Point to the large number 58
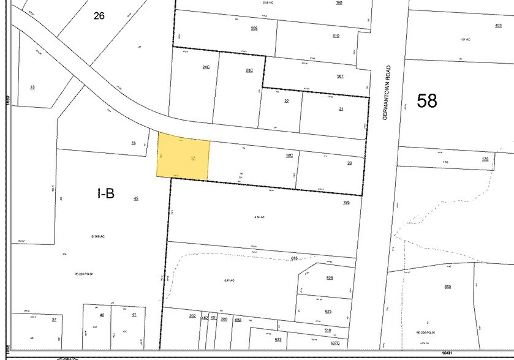coord(427,100)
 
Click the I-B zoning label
coord(105,193)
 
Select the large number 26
coord(99,15)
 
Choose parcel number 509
coord(254,28)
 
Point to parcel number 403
coord(498,25)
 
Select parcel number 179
coord(485,159)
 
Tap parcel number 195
coord(346,202)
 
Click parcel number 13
coord(32,87)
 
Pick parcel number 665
coord(448,287)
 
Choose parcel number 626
coord(330,278)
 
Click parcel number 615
coord(294,258)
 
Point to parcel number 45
coord(136,198)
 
